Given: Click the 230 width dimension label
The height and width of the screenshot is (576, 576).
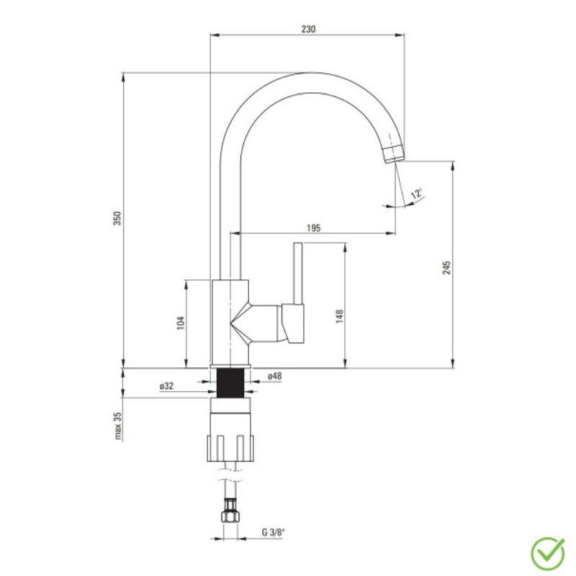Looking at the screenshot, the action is pos(309,29).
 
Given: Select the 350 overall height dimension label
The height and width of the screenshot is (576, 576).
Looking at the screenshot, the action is pos(117,218).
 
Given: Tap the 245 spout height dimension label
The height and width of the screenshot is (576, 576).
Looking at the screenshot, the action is pos(446,268).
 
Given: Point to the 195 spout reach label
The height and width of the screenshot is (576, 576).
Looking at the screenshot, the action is pos(314,228).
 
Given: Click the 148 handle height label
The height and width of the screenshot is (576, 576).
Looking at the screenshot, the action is pos(339,316).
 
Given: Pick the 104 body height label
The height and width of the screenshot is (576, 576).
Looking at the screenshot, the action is pos(181,323).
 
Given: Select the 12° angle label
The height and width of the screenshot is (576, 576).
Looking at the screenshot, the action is pos(417,193).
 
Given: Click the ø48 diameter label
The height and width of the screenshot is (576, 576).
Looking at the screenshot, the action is pos(275,376).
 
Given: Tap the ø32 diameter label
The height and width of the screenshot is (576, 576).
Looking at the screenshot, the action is pos(166,386).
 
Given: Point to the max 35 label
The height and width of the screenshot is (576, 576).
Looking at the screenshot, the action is pos(117,426).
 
